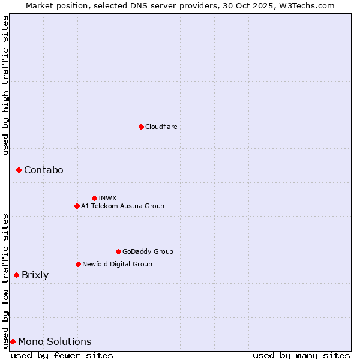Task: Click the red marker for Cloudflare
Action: [141, 127]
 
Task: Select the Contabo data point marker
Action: [19, 170]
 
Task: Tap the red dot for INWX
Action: [94, 198]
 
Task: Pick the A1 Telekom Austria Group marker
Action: [77, 206]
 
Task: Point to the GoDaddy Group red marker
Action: [118, 251]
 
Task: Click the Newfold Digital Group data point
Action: [78, 264]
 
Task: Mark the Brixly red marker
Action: [16, 275]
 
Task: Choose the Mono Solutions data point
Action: [13, 341]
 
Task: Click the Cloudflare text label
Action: [161, 127]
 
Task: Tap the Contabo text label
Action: [43, 170]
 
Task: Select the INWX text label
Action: [107, 198]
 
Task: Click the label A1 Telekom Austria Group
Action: [122, 206]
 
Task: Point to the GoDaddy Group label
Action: [148, 251]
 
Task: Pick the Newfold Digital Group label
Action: [117, 264]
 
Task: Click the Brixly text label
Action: [35, 275]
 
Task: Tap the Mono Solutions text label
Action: [55, 341]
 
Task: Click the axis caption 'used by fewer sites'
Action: [62, 355]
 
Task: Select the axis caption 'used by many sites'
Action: [301, 355]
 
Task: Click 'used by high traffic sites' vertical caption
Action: [5, 85]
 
